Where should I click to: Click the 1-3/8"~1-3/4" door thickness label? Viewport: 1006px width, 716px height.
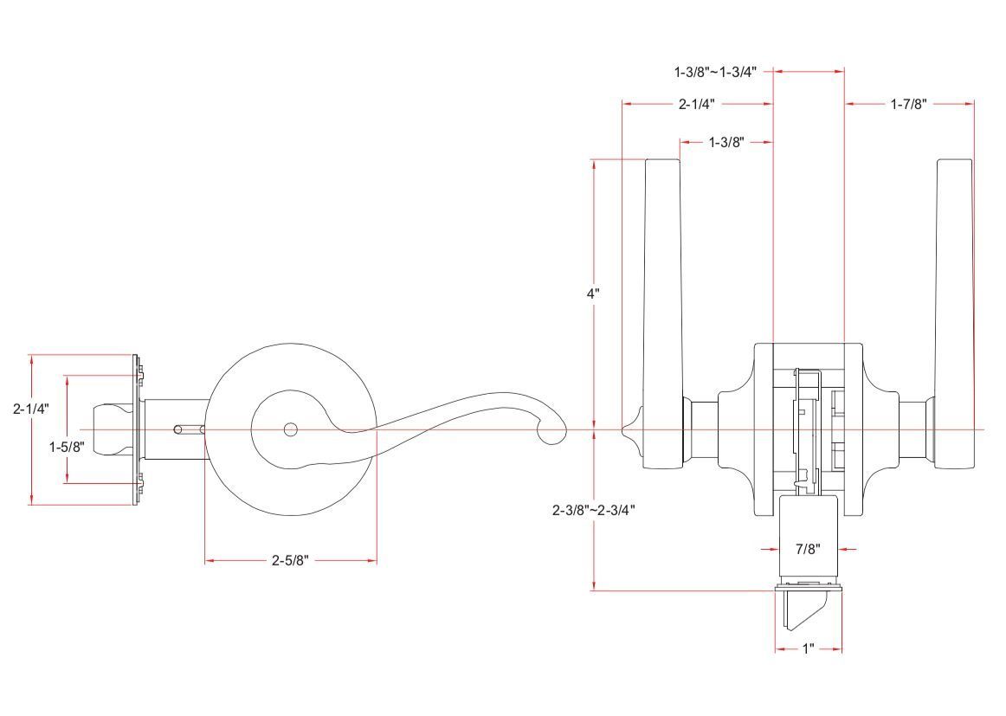[x=714, y=71]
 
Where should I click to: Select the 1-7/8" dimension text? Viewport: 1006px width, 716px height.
[x=908, y=104]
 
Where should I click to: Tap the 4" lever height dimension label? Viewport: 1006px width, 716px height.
[x=593, y=293]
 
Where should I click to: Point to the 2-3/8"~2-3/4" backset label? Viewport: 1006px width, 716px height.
[x=594, y=510]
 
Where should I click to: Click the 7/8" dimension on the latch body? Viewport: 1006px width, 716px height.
[x=807, y=549]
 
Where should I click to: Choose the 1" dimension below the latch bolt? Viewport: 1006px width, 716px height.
[x=808, y=648]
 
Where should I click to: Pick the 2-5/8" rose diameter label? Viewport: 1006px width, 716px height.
[x=290, y=561]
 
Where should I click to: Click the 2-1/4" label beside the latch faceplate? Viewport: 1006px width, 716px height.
[x=30, y=410]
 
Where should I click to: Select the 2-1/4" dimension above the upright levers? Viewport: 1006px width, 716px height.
[x=696, y=104]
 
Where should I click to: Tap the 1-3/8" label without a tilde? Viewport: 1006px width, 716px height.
[x=725, y=141]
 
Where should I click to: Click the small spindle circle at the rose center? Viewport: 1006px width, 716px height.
[x=290, y=429]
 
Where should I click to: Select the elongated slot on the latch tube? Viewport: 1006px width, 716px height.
[x=190, y=429]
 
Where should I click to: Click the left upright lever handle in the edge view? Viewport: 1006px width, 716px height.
[x=662, y=286]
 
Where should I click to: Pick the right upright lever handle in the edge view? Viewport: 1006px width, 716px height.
[x=953, y=286]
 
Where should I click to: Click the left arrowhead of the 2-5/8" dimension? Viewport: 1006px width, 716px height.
[x=209, y=561]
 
